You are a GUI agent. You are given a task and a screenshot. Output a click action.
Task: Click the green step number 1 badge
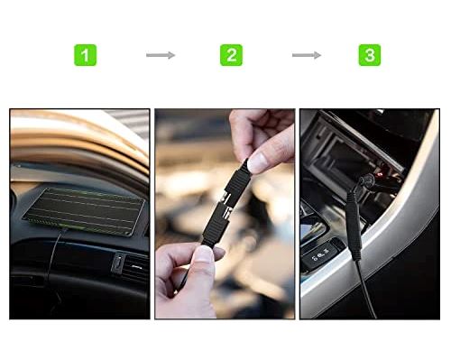(85, 55)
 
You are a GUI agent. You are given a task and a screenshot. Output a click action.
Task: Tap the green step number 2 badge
(231, 55)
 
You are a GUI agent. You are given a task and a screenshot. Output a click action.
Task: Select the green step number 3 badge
(369, 55)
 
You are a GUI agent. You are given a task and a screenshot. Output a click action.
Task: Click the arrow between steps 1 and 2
(160, 55)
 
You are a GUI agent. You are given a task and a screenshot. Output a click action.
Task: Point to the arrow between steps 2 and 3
(306, 55)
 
